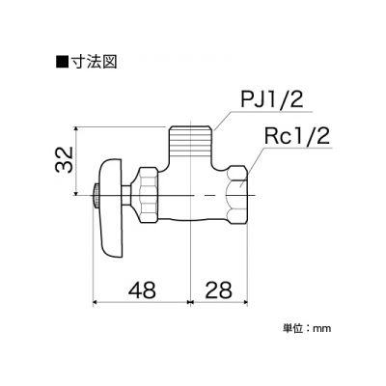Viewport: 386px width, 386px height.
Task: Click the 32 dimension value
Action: point(64,160)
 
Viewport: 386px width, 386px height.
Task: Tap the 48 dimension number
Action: point(142,289)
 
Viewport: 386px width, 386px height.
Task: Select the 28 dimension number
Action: point(218,289)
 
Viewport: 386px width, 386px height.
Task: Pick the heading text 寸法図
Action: point(94,61)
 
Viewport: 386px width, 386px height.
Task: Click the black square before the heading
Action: point(62,62)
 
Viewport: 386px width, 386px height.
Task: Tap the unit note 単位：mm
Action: point(306,328)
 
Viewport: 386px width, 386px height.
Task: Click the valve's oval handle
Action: point(111,207)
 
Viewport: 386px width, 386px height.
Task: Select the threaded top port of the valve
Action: point(191,141)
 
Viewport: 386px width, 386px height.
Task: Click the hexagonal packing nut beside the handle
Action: point(149,195)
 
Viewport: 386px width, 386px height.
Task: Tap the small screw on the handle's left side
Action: point(96,195)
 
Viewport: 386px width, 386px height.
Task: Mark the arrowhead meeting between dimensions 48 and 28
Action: point(191,302)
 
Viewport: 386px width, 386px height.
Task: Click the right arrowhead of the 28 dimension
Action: point(245,302)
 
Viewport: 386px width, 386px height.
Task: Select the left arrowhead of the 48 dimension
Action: point(96,302)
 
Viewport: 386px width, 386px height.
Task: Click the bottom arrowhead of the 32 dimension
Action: point(76,192)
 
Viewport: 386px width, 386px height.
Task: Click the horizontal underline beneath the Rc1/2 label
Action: point(297,149)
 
